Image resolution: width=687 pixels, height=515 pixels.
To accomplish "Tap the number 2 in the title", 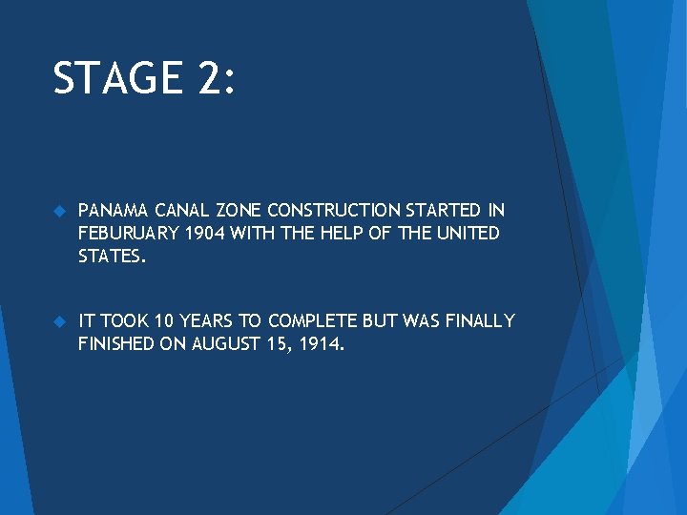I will tap(210, 78).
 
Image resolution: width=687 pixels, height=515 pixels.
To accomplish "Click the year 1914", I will tap(320, 343).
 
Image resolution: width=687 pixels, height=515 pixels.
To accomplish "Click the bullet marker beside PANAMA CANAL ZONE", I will tap(58, 210).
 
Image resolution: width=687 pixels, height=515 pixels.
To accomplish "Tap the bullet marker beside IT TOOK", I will tap(58, 320).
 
